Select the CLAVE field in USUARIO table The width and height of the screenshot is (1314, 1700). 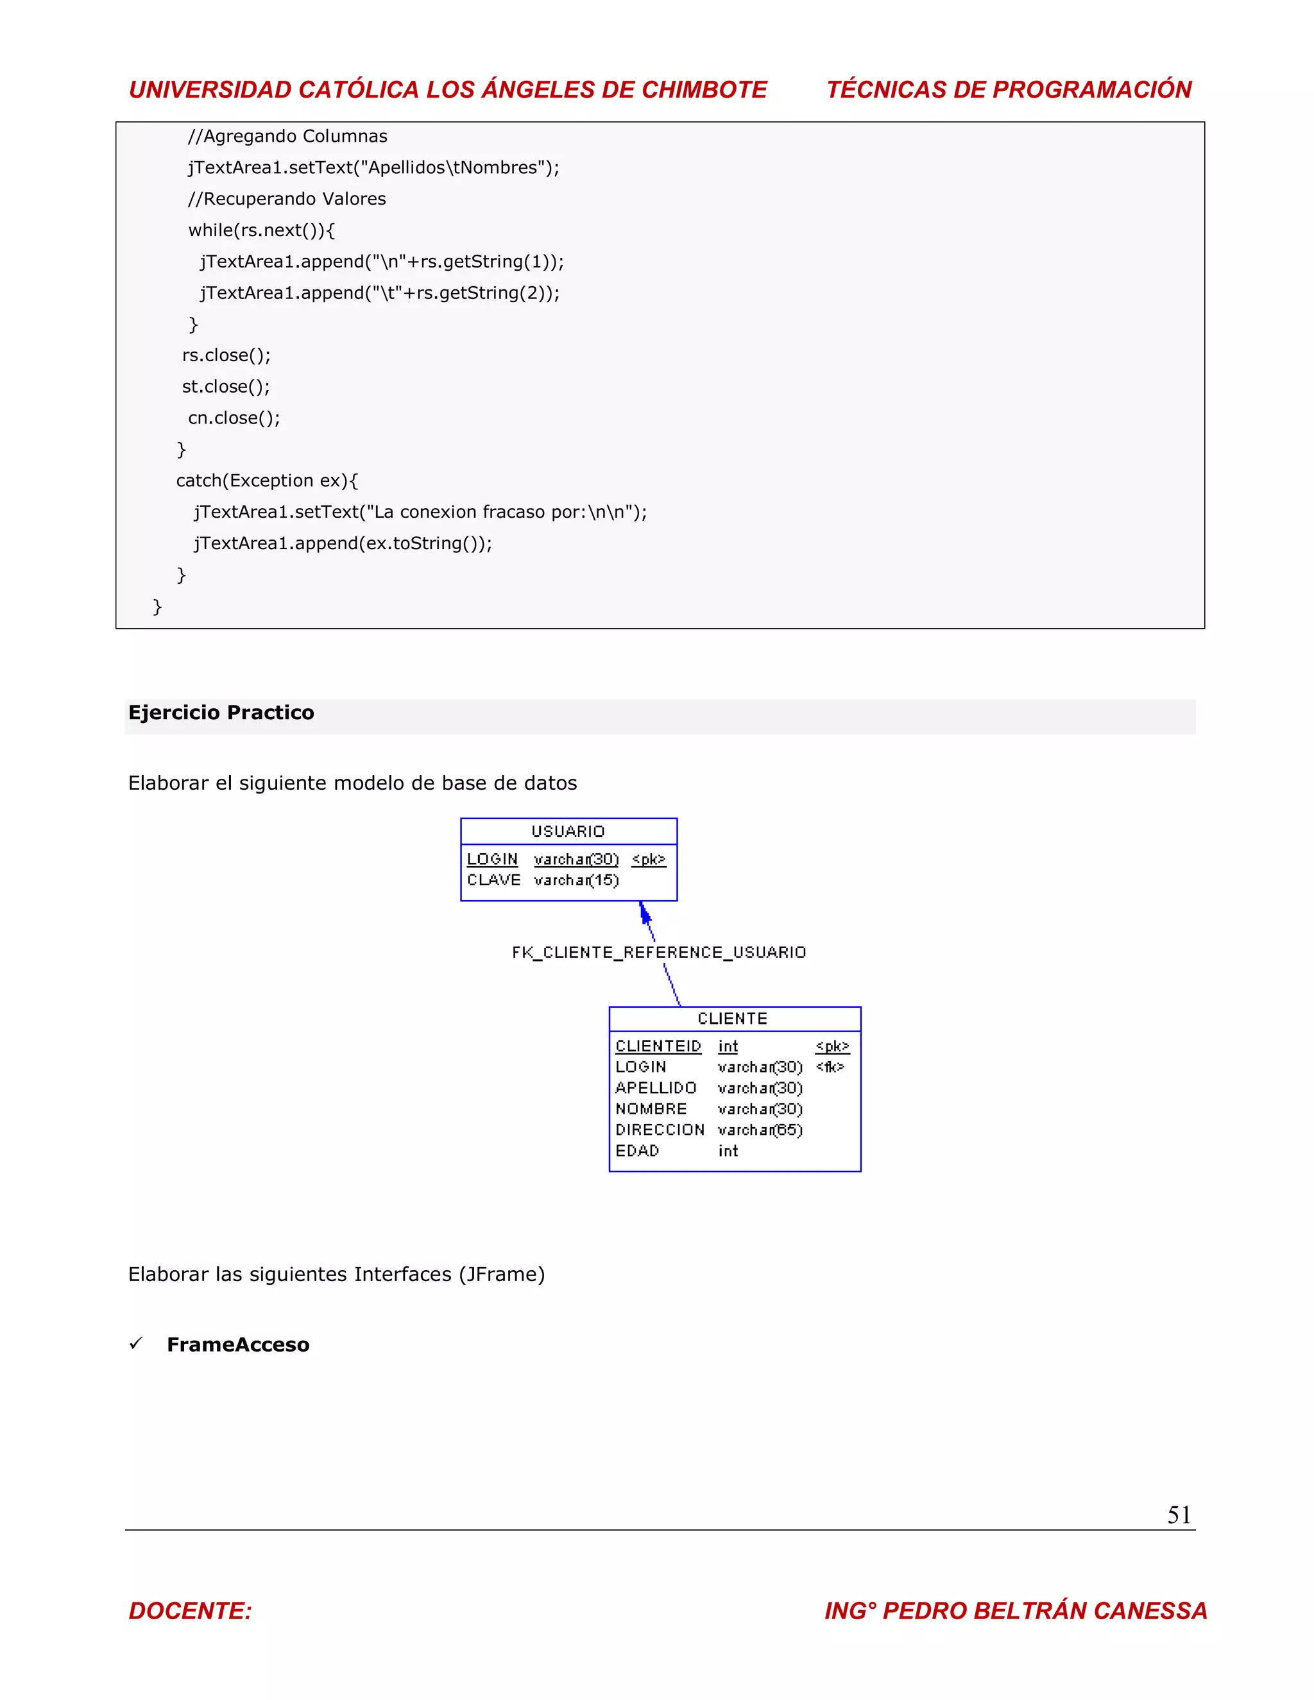(493, 880)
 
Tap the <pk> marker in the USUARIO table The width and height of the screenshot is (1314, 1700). (649, 860)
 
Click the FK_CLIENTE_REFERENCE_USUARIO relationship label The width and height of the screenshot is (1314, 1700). (658, 952)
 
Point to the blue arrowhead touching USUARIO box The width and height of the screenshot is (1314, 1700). (645, 912)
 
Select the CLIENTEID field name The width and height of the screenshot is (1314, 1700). (658, 1046)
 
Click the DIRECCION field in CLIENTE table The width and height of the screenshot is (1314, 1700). (660, 1130)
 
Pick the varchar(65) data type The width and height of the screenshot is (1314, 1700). (760, 1130)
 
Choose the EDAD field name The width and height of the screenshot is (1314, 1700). (636, 1150)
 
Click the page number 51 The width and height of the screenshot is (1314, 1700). (1179, 1515)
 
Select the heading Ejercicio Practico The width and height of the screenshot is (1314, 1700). (221, 713)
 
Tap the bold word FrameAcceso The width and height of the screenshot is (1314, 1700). (238, 1345)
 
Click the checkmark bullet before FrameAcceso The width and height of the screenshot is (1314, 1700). (135, 1343)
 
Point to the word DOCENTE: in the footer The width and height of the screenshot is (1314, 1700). (190, 1610)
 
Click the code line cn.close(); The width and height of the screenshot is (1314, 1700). (234, 418)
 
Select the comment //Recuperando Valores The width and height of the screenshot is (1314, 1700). (286, 200)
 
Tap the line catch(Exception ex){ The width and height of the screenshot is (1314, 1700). (266, 480)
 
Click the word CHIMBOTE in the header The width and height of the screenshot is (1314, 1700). (704, 90)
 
